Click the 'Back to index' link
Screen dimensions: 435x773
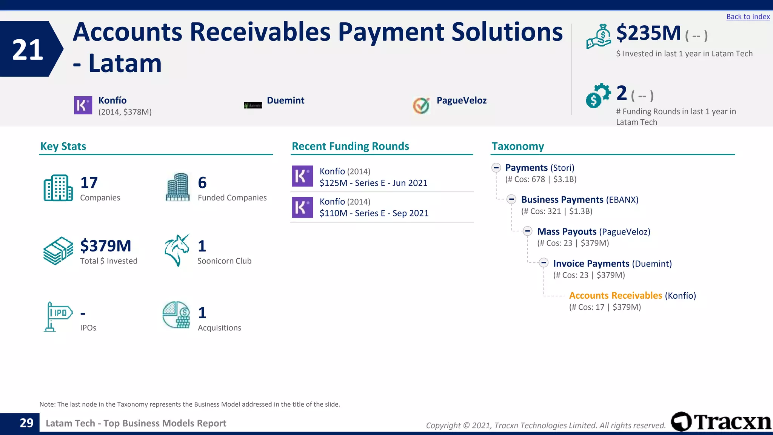(748, 17)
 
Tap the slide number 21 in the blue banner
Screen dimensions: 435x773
(28, 49)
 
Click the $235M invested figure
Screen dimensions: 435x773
(648, 33)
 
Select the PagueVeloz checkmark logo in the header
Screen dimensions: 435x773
(421, 105)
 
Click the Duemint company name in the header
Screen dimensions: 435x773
(285, 100)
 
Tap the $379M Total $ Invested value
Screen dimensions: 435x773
(106, 246)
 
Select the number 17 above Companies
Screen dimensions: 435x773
(89, 183)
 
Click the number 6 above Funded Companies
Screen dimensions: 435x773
(202, 183)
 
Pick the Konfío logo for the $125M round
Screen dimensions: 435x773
(302, 176)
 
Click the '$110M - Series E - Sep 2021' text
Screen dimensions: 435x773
(374, 213)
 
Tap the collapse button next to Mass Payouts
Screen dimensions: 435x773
(527, 231)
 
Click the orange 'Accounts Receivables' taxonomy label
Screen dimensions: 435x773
(615, 295)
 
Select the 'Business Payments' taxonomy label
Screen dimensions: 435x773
(562, 200)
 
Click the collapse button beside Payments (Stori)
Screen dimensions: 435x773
(496, 167)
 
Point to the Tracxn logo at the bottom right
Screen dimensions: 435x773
(721, 421)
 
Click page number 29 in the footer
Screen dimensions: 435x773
(26, 423)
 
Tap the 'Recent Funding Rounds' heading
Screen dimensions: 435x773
(350, 146)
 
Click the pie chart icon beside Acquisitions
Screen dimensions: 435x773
(176, 315)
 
